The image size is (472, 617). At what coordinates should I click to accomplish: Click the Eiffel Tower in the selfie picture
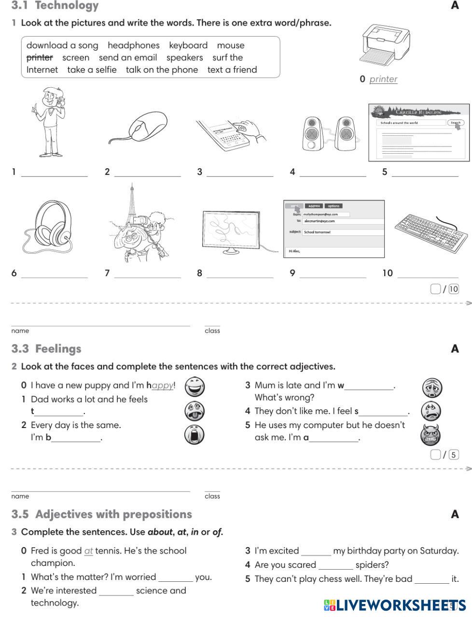tap(131, 202)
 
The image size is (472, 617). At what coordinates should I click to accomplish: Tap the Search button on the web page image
tap(455, 122)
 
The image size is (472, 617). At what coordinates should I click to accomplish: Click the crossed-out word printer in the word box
tap(40, 57)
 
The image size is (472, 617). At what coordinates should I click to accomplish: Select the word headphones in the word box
tap(133, 45)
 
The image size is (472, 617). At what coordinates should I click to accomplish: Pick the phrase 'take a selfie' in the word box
tap(92, 69)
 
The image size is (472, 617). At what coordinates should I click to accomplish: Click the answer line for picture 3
tap(240, 175)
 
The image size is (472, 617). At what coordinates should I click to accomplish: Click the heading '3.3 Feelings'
tap(46, 349)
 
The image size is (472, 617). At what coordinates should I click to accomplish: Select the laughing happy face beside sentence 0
tap(194, 387)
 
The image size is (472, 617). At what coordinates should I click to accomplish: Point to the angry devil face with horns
tap(430, 434)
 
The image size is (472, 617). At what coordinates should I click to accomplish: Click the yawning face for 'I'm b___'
tap(194, 434)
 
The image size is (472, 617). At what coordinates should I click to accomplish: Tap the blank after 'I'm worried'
tap(175, 580)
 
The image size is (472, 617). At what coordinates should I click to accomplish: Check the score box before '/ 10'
tap(435, 289)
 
